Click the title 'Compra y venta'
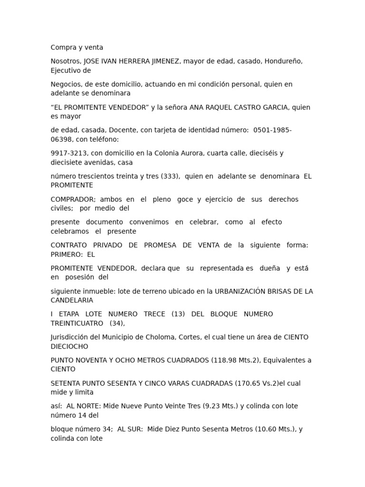click(77, 48)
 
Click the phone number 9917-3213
click(68, 153)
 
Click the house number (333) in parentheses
click(171, 176)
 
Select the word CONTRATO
click(69, 245)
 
